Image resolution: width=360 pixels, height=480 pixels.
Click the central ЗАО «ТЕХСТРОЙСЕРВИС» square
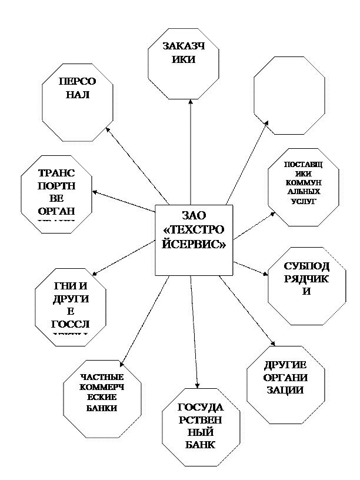194,239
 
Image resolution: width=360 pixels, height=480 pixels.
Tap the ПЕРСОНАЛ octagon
78,102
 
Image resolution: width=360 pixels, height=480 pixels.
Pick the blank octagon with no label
289,95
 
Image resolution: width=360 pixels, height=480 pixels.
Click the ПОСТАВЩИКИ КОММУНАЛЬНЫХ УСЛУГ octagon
304,187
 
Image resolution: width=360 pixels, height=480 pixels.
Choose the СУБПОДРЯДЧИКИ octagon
306,286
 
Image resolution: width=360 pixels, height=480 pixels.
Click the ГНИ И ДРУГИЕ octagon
71,306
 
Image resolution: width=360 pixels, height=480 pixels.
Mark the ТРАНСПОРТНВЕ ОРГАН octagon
56,194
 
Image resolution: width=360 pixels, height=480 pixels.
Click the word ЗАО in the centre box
194,215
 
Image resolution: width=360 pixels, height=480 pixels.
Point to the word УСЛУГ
304,201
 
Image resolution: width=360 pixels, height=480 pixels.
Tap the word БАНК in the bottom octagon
201,445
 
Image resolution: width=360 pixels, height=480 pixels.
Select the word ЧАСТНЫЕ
102,377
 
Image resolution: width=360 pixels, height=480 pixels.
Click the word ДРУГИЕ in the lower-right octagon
285,365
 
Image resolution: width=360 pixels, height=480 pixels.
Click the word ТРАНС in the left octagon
56,174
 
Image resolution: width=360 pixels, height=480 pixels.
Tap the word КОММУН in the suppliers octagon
304,183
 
